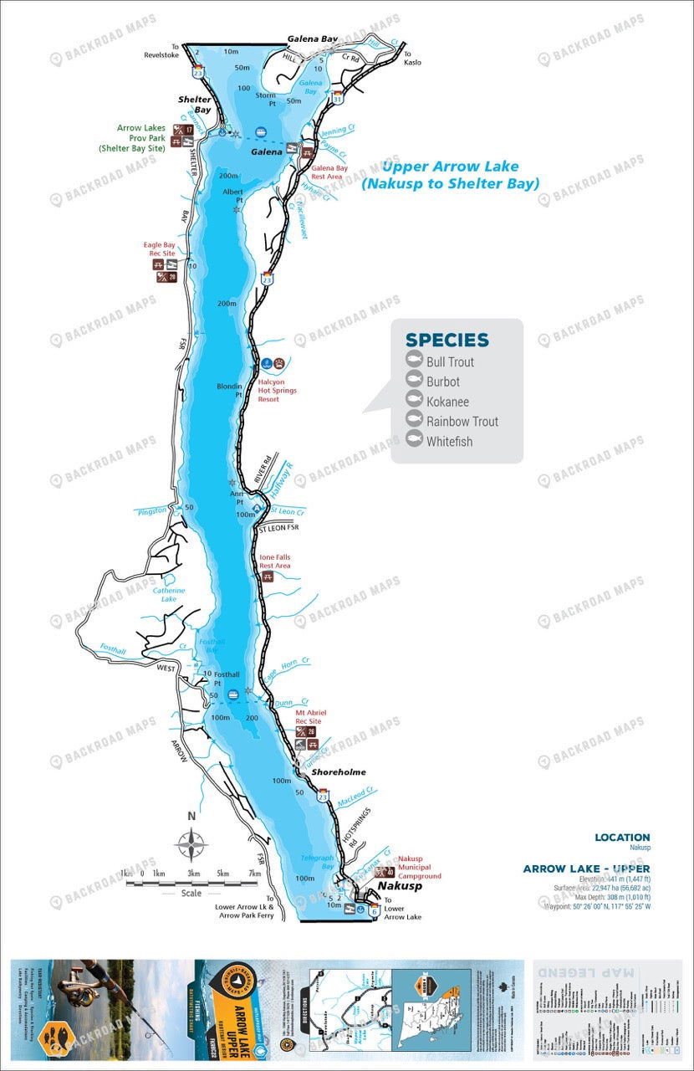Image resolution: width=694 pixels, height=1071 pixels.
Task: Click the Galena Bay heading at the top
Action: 313,38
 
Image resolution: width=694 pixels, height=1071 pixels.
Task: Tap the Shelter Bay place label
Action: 194,104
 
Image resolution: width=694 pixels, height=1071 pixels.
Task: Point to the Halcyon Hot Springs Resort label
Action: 278,390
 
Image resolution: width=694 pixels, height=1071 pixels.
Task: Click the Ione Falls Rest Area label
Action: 275,561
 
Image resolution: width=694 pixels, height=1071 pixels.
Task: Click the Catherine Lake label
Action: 169,595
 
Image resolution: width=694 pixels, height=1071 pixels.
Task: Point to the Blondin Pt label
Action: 229,390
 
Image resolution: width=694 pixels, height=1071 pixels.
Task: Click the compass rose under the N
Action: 191,843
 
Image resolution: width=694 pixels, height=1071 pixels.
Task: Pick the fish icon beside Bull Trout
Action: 413,361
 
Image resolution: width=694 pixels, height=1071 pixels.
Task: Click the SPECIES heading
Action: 447,340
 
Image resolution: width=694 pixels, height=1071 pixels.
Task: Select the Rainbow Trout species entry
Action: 462,421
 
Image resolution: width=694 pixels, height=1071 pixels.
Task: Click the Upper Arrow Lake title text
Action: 450,175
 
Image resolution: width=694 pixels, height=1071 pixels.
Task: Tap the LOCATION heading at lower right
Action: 622,837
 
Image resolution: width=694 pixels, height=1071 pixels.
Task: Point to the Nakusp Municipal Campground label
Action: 420,868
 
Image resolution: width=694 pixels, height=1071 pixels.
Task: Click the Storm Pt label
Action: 267,100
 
